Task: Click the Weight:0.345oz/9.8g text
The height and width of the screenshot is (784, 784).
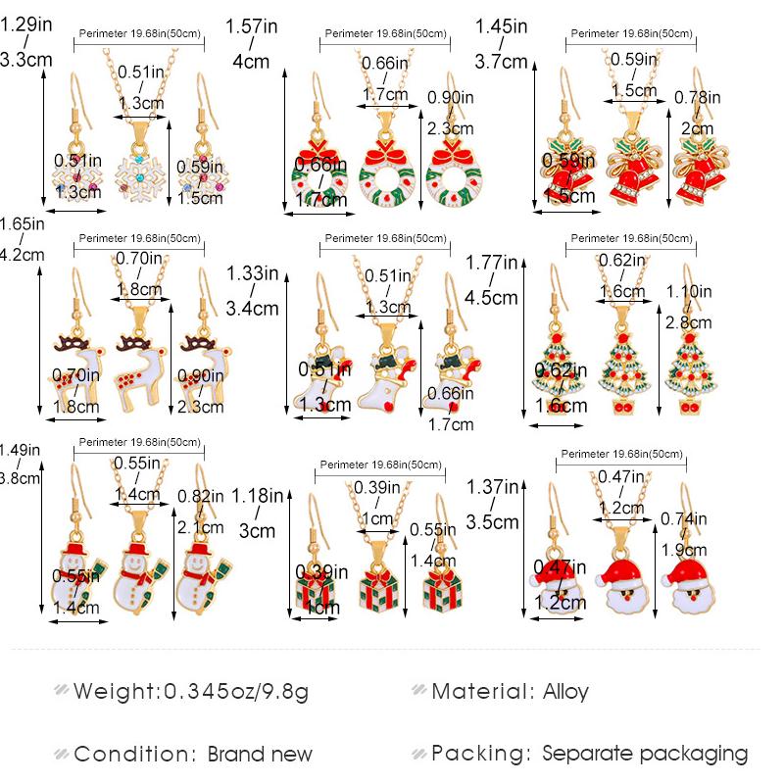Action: [190, 692]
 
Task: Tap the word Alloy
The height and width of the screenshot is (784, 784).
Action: [565, 692]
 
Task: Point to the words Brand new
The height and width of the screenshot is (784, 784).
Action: [260, 754]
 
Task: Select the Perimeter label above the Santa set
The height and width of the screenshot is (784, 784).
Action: [619, 454]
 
